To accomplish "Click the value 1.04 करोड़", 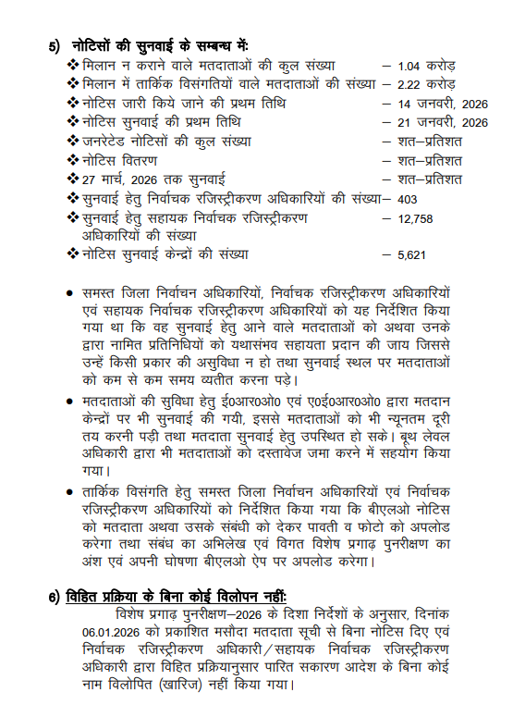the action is [x=426, y=66].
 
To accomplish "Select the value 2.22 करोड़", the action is [x=426, y=84].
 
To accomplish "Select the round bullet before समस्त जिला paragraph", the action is [x=69, y=293].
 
